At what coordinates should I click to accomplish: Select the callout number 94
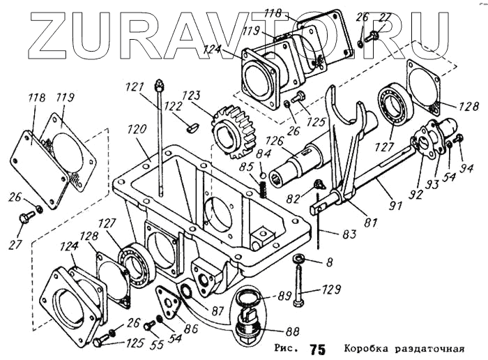point(466,167)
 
